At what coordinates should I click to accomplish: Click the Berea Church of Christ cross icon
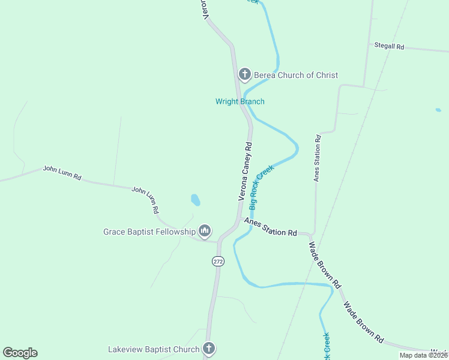244,74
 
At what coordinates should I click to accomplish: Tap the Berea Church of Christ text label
296,75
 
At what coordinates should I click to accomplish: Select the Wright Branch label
240,101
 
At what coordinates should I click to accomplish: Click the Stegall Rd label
389,46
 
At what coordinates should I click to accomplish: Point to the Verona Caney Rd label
245,171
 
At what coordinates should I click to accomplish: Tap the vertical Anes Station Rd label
317,158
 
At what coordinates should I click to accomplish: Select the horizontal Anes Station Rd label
271,228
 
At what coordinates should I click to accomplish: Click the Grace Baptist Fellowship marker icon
205,231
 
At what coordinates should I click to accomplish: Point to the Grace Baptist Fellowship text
149,232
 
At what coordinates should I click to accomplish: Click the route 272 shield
217,261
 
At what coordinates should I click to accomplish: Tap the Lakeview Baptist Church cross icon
208,349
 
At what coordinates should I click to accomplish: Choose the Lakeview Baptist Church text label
154,349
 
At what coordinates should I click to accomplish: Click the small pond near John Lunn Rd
195,199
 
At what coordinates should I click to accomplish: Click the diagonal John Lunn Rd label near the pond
145,200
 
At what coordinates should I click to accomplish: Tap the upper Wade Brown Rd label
325,264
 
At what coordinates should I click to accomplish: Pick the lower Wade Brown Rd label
363,322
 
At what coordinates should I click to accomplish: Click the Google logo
20,353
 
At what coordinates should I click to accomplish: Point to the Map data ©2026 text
423,355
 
